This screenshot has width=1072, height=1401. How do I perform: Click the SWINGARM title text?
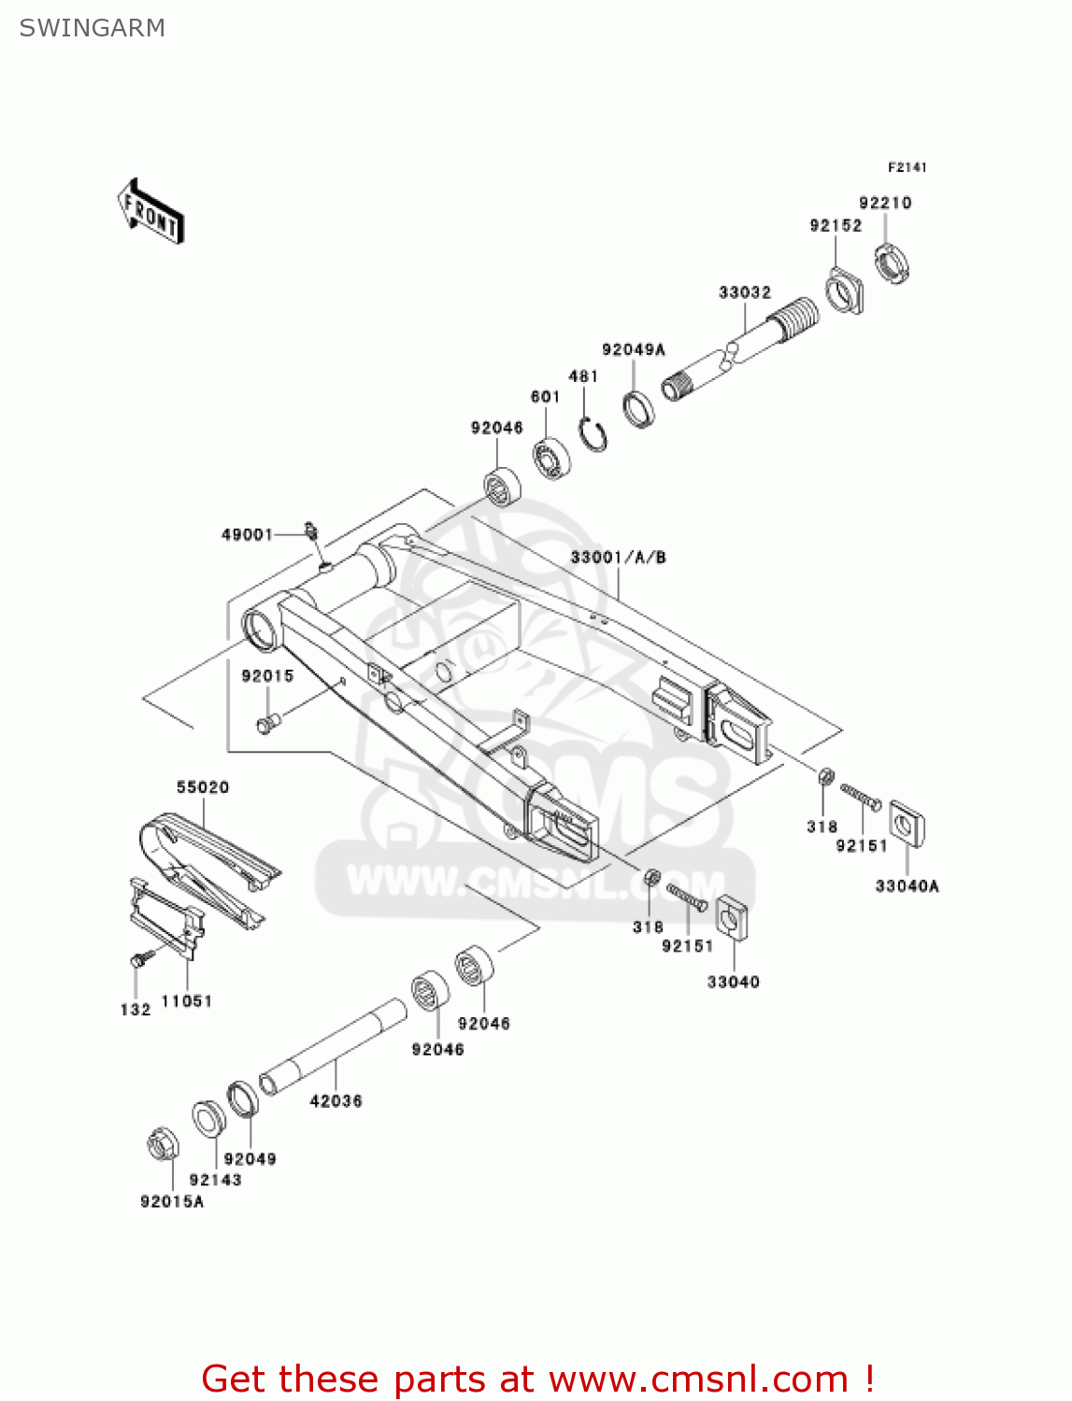(92, 28)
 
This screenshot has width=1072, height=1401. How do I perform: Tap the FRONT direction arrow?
(150, 212)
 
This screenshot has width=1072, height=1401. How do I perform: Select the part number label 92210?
(884, 203)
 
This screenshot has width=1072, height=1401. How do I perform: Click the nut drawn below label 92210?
(892, 262)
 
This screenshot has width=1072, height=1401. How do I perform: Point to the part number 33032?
(744, 292)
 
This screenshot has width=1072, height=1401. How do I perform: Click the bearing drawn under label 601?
(552, 457)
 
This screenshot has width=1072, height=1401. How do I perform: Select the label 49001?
(247, 534)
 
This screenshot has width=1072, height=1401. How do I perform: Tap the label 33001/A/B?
(618, 558)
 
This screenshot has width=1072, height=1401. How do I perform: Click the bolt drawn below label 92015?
(267, 722)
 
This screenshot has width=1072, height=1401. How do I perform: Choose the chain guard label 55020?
(203, 787)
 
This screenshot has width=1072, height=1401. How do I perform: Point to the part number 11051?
(187, 1001)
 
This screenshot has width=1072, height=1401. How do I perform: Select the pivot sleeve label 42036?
(336, 1101)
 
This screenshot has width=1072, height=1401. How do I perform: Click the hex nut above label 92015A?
(162, 1144)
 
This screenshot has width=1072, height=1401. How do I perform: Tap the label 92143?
(215, 1181)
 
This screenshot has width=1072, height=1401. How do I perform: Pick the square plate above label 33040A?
(906, 823)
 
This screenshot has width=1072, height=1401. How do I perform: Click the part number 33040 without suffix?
(733, 982)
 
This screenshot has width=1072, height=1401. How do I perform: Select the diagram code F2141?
(907, 167)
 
